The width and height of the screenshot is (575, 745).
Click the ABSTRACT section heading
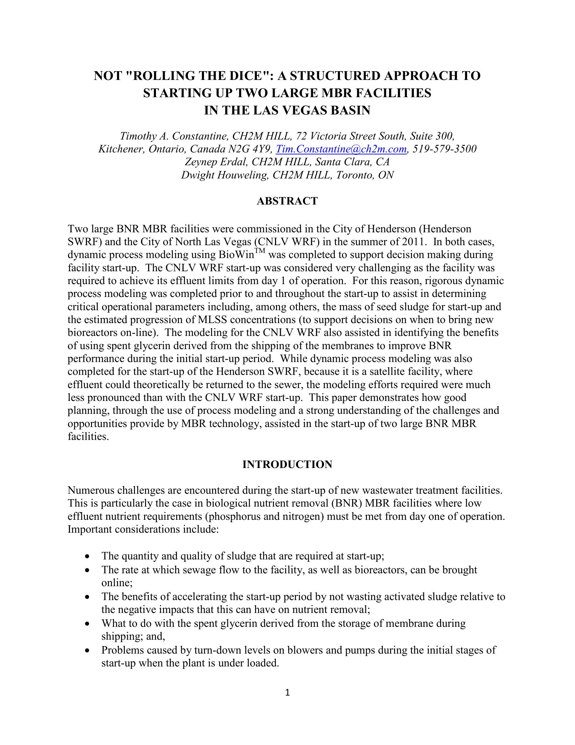tap(287, 201)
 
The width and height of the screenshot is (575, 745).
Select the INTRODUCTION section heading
tap(287, 464)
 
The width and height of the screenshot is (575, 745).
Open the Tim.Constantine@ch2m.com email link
tap(341, 149)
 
